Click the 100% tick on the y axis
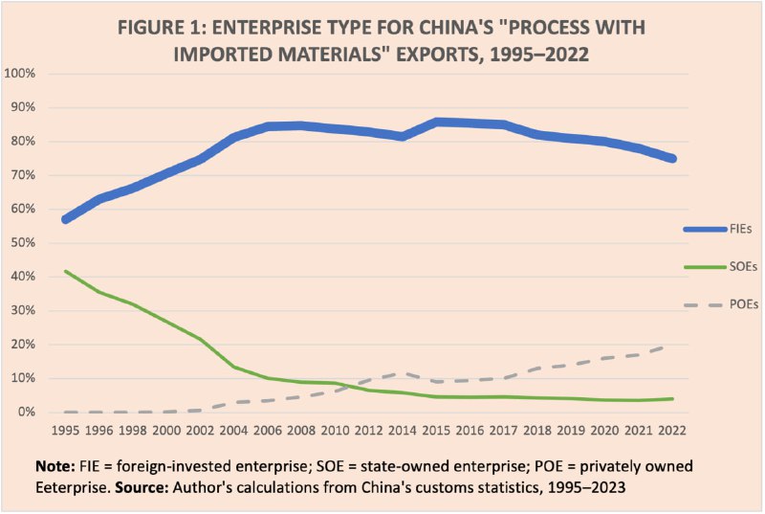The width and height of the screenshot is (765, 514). click(x=20, y=74)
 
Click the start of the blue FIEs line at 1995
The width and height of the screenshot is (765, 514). click(x=65, y=219)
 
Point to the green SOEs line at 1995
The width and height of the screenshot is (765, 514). click(x=65, y=271)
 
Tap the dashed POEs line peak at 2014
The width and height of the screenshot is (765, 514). click(x=405, y=373)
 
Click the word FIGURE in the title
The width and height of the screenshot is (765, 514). click(x=157, y=26)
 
